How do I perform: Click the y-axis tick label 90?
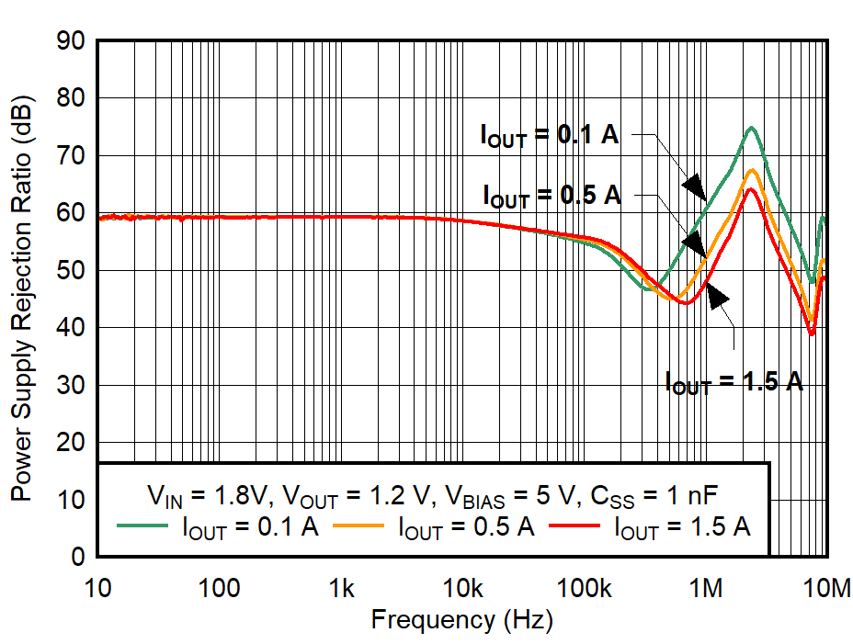(x=70, y=41)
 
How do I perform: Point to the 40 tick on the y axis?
(x=70, y=328)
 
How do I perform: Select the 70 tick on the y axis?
(x=70, y=156)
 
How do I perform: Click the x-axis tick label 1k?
(x=341, y=586)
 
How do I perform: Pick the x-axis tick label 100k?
(x=584, y=586)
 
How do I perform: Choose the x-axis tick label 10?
(x=98, y=586)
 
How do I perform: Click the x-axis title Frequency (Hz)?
(x=461, y=620)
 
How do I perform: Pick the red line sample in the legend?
(x=576, y=526)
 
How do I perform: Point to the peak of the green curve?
(x=751, y=128)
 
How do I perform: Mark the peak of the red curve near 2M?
(x=751, y=188)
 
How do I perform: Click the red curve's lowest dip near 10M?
(x=811, y=333)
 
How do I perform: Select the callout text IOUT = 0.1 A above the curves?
(x=550, y=135)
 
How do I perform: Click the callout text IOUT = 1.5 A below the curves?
(x=734, y=380)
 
